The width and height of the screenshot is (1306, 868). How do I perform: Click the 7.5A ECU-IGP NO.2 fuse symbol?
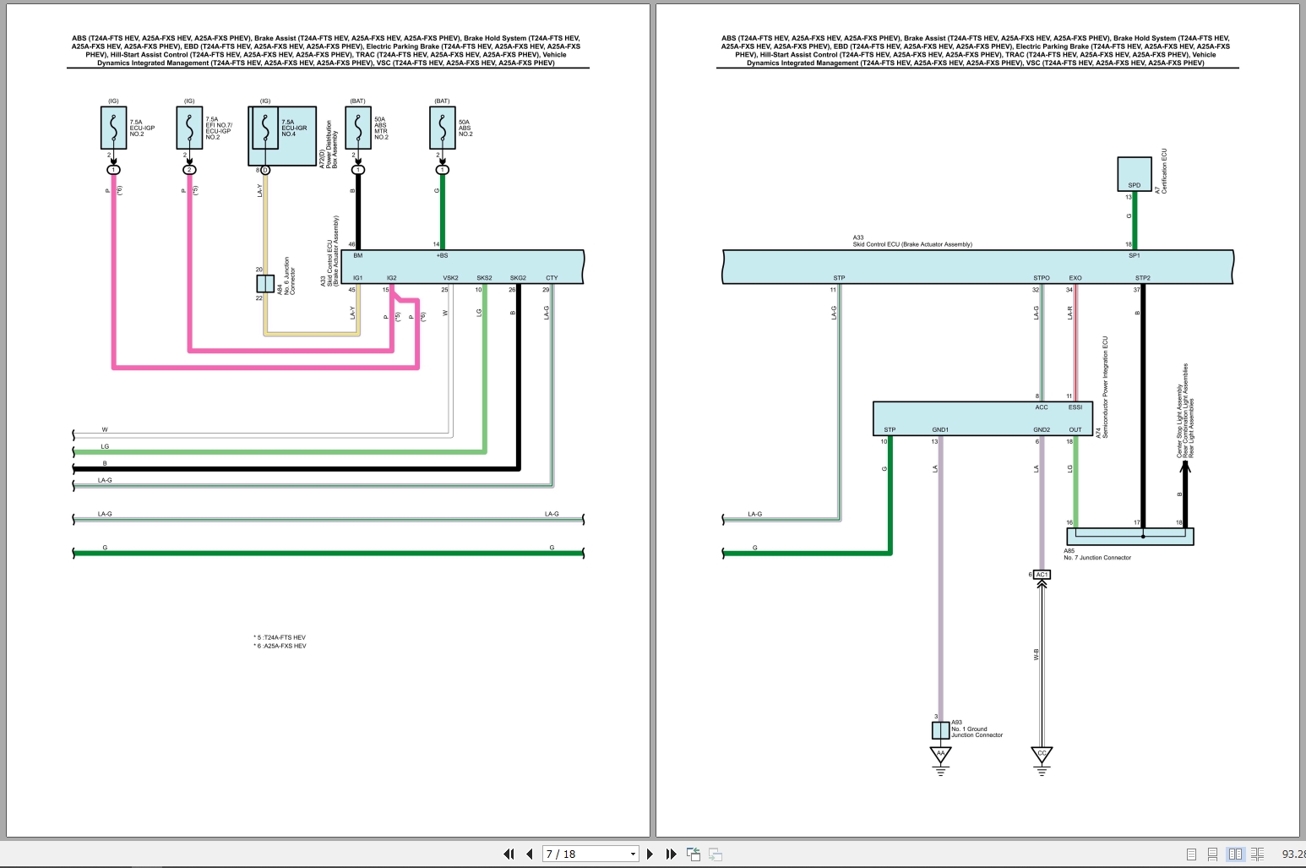click(113, 128)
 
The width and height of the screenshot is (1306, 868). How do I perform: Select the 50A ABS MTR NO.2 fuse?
click(358, 128)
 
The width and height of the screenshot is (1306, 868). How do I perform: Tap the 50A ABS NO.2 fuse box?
click(442, 128)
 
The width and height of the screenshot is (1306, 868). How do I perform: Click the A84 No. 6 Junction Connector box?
click(265, 284)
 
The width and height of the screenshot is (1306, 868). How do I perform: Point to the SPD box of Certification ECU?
click(1134, 174)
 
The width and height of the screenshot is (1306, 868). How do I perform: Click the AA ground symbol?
click(940, 754)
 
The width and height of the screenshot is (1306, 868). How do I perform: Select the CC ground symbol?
click(1042, 754)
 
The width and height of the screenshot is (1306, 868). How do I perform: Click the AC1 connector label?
click(1042, 575)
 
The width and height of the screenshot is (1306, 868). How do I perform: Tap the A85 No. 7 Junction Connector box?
click(1130, 536)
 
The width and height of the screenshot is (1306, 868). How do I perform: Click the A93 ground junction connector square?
click(940, 730)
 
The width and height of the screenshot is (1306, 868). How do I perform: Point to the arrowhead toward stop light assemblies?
click(1184, 467)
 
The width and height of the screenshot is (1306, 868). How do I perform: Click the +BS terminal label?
click(442, 255)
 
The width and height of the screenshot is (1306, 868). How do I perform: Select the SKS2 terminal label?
click(484, 278)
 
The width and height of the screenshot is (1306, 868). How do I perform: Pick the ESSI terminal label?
click(1075, 407)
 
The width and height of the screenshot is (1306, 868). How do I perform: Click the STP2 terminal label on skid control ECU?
click(1142, 278)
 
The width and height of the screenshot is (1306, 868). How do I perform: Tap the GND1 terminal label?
click(940, 429)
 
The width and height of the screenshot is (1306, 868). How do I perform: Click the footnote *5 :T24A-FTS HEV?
click(280, 637)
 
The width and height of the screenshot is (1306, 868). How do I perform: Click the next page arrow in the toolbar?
click(650, 854)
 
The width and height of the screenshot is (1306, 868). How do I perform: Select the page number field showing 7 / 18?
click(589, 854)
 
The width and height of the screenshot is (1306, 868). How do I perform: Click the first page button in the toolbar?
click(509, 854)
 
